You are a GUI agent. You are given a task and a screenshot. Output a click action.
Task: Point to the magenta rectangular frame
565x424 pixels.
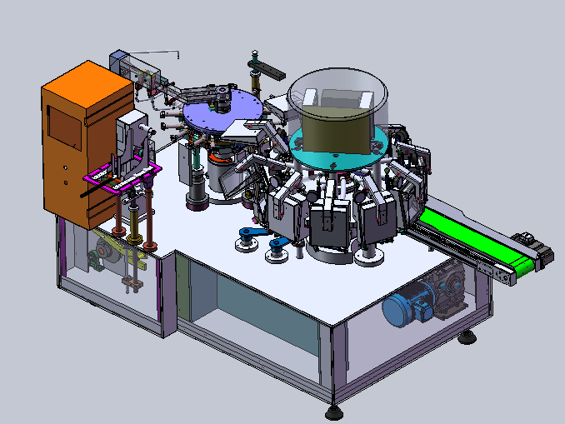(x=122, y=176)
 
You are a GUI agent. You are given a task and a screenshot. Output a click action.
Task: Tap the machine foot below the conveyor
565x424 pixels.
(x=470, y=337)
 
